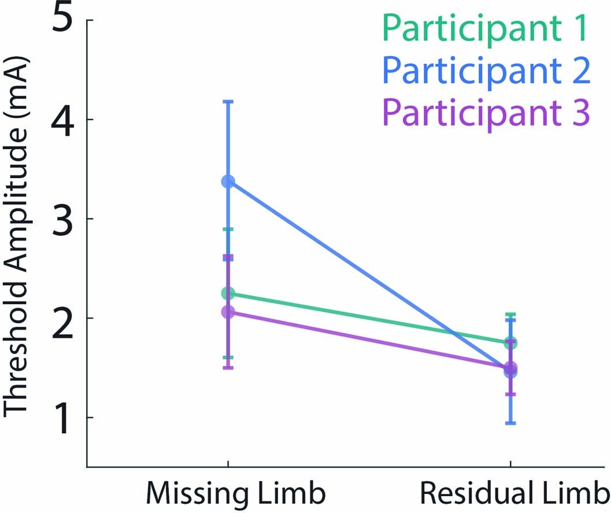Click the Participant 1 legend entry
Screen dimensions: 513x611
point(485,29)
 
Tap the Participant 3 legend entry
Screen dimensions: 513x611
point(485,112)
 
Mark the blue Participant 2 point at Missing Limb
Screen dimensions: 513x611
point(228,182)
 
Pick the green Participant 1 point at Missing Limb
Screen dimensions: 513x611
point(228,294)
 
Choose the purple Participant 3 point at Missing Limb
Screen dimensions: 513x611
point(228,312)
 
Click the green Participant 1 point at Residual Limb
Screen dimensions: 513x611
point(510,343)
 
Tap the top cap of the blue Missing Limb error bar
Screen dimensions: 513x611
point(228,102)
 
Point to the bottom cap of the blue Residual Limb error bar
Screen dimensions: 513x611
point(510,423)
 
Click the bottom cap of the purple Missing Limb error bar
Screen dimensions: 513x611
point(228,367)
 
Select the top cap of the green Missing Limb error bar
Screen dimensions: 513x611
point(228,230)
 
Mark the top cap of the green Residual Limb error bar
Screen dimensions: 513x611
point(510,315)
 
